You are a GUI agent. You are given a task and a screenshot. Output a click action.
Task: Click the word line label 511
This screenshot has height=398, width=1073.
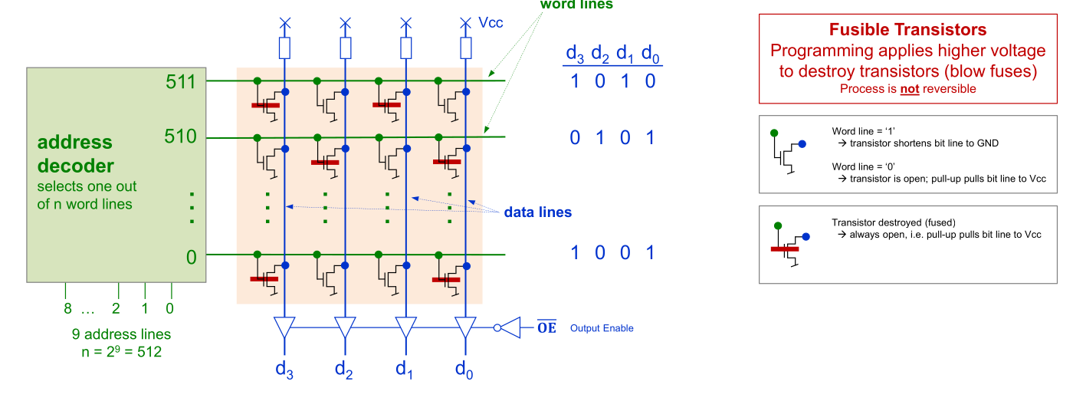[x=181, y=81]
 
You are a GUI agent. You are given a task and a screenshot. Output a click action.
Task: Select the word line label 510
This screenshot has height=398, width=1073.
[x=181, y=137]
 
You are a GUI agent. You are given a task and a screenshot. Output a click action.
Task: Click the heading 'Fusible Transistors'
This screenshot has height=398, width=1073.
[x=907, y=30]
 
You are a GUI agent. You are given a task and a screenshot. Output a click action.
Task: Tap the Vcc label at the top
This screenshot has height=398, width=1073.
[x=491, y=23]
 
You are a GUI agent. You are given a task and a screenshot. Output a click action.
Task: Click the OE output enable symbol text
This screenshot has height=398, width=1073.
[x=546, y=328]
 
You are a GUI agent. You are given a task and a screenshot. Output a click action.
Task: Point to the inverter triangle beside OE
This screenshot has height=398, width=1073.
[x=510, y=328]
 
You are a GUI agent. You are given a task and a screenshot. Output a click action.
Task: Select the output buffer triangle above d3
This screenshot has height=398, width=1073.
[x=284, y=328]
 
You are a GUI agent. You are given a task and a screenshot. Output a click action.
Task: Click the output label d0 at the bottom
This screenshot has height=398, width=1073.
[x=464, y=369]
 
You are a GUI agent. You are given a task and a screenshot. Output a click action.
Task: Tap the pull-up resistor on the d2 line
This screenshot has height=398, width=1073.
[x=345, y=49]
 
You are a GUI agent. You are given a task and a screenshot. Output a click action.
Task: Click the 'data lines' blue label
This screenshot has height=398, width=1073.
[x=537, y=212]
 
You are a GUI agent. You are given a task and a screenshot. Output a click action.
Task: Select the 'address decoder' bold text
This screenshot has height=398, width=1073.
[x=75, y=154]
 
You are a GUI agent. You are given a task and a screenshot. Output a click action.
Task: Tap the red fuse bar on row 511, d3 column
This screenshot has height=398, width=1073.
[x=264, y=105]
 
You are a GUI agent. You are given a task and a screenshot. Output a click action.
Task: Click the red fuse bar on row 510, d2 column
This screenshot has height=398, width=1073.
[x=325, y=162]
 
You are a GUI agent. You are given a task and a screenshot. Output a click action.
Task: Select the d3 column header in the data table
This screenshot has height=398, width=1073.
[x=575, y=54]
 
